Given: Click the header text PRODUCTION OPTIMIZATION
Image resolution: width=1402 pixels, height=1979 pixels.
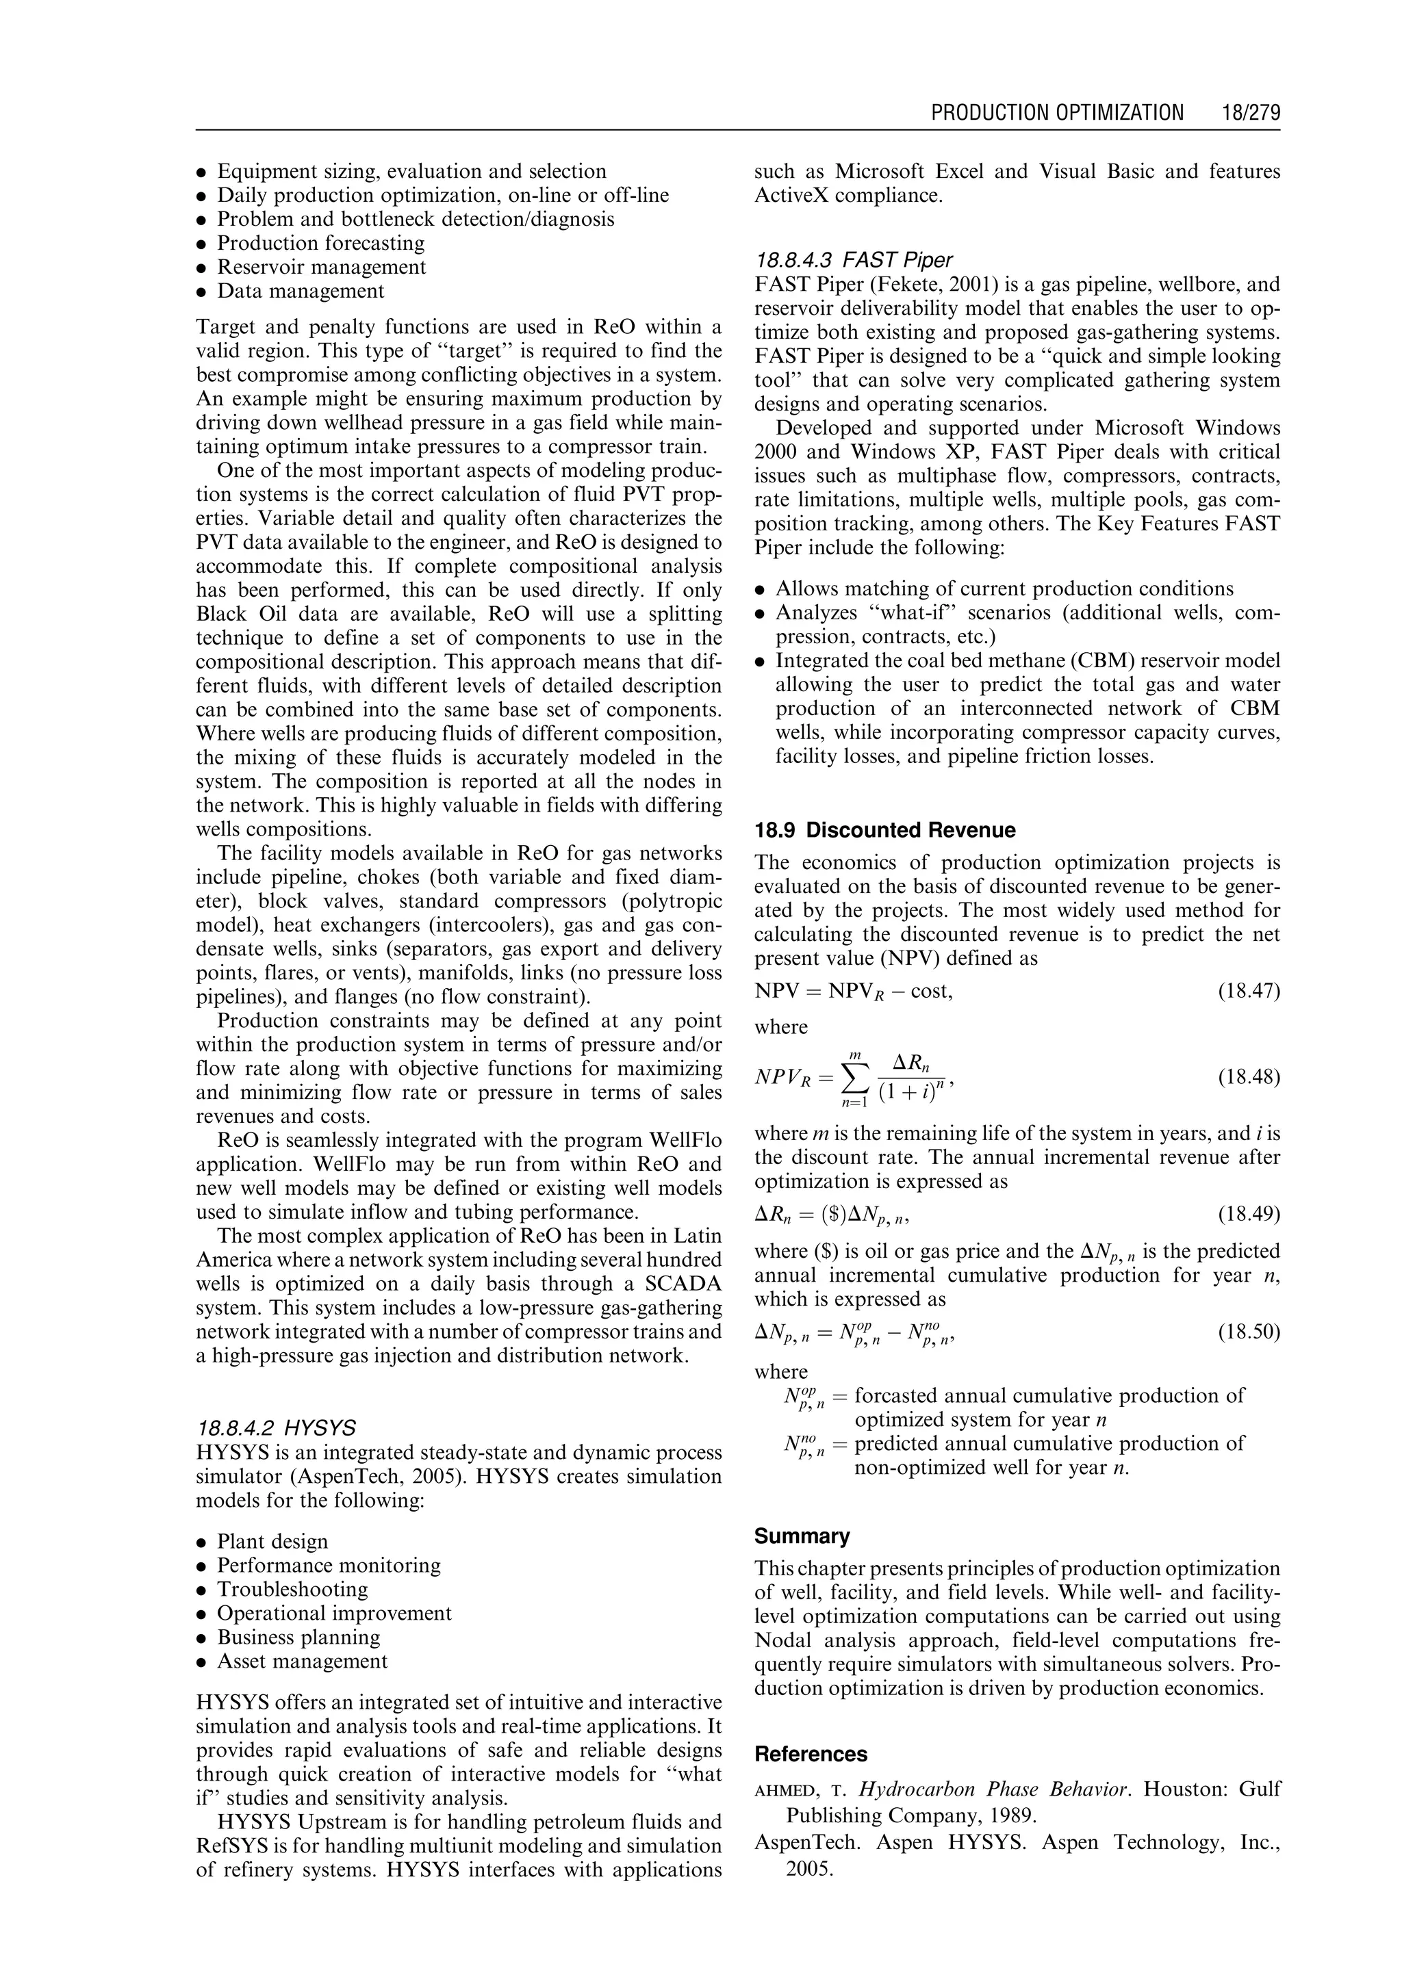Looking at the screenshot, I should coord(1058,113).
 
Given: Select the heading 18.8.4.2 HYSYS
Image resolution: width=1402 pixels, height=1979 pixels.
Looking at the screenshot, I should coord(277,1427).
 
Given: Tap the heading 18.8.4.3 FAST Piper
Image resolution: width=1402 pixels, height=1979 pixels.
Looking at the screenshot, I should coord(854,260).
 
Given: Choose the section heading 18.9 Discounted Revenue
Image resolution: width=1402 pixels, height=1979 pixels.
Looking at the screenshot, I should coord(885,830).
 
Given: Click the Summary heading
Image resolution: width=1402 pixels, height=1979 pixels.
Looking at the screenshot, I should coord(802,1536).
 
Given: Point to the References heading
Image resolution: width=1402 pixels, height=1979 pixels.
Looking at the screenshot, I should coord(811,1755).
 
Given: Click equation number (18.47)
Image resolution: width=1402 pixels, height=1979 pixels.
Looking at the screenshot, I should coord(1249,991).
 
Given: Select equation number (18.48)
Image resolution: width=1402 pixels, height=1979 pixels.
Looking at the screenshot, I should coord(1249,1077).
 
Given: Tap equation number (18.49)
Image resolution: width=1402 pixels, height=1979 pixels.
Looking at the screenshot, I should coord(1249,1215).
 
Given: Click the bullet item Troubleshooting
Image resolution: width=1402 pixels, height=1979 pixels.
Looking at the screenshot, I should coord(292,1590).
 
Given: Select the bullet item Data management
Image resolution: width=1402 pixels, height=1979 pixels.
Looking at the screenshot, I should coord(301,292).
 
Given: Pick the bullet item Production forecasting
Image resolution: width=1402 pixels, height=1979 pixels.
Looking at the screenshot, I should coord(320,244).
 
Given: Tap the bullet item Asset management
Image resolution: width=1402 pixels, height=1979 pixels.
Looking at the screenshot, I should coord(302,1661).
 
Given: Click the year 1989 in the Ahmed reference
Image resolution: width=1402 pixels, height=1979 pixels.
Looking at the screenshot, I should coord(999,1815).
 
